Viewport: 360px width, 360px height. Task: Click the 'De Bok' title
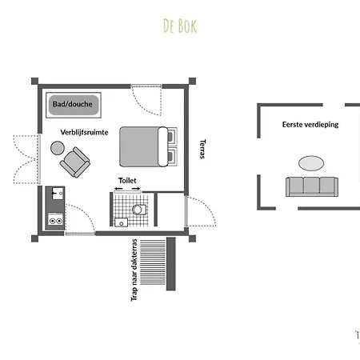180,26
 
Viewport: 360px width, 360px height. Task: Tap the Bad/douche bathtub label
73,104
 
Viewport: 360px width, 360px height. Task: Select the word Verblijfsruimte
84,133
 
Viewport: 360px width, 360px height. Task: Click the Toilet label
127,181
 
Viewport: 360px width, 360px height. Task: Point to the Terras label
202,149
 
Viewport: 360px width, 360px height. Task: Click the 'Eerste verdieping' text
310,125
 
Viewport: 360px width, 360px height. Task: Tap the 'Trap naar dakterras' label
134,270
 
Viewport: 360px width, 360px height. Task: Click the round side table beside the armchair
58,148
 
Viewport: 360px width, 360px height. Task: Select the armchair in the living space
74,162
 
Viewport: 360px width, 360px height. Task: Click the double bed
148,146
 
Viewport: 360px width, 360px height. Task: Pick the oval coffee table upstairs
311,163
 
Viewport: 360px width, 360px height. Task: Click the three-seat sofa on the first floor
312,186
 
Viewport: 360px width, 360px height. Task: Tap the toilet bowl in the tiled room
139,210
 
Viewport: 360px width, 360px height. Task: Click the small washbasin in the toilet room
121,222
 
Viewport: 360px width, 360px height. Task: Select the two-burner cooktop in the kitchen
56,220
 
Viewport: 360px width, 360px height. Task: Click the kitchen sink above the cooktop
58,194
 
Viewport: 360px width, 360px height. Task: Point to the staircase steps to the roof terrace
153,262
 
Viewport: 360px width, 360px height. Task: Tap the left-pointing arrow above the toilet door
118,189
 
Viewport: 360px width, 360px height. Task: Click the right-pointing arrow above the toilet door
136,189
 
